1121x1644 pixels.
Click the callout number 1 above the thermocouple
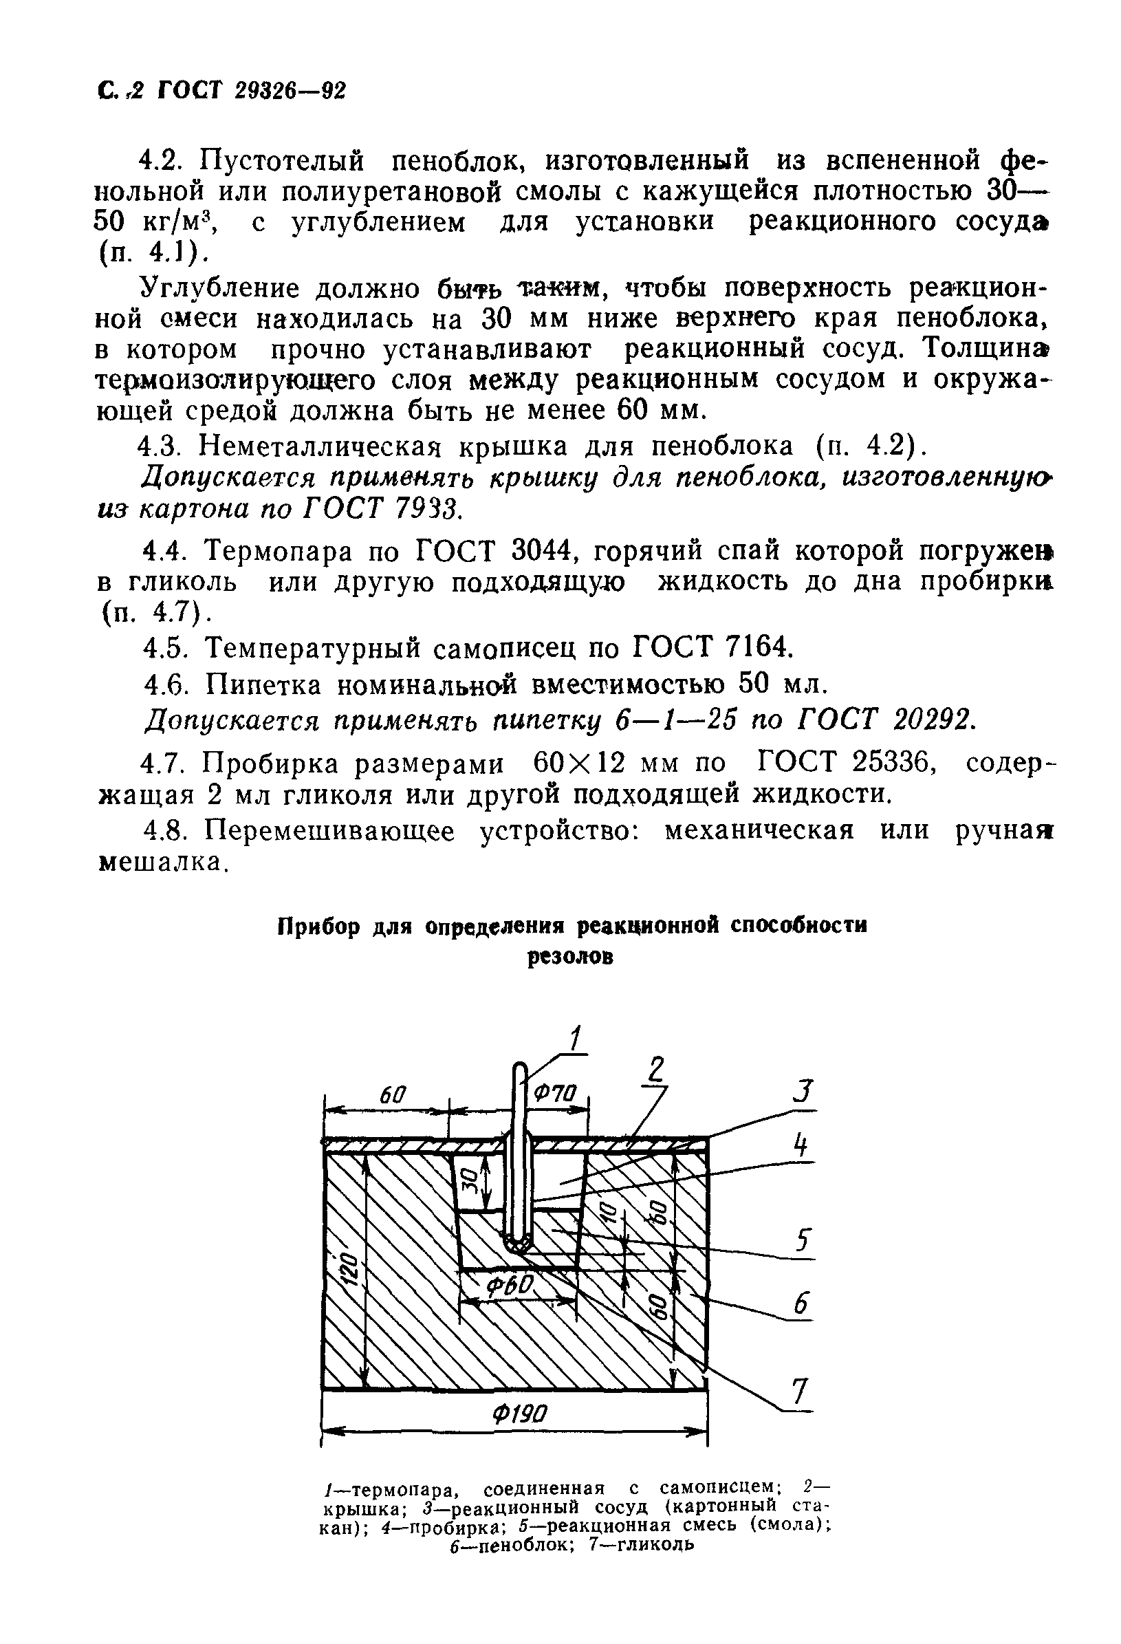tap(576, 1039)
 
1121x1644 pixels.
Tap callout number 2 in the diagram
tap(657, 1070)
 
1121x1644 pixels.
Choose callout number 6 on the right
tap(801, 1302)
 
